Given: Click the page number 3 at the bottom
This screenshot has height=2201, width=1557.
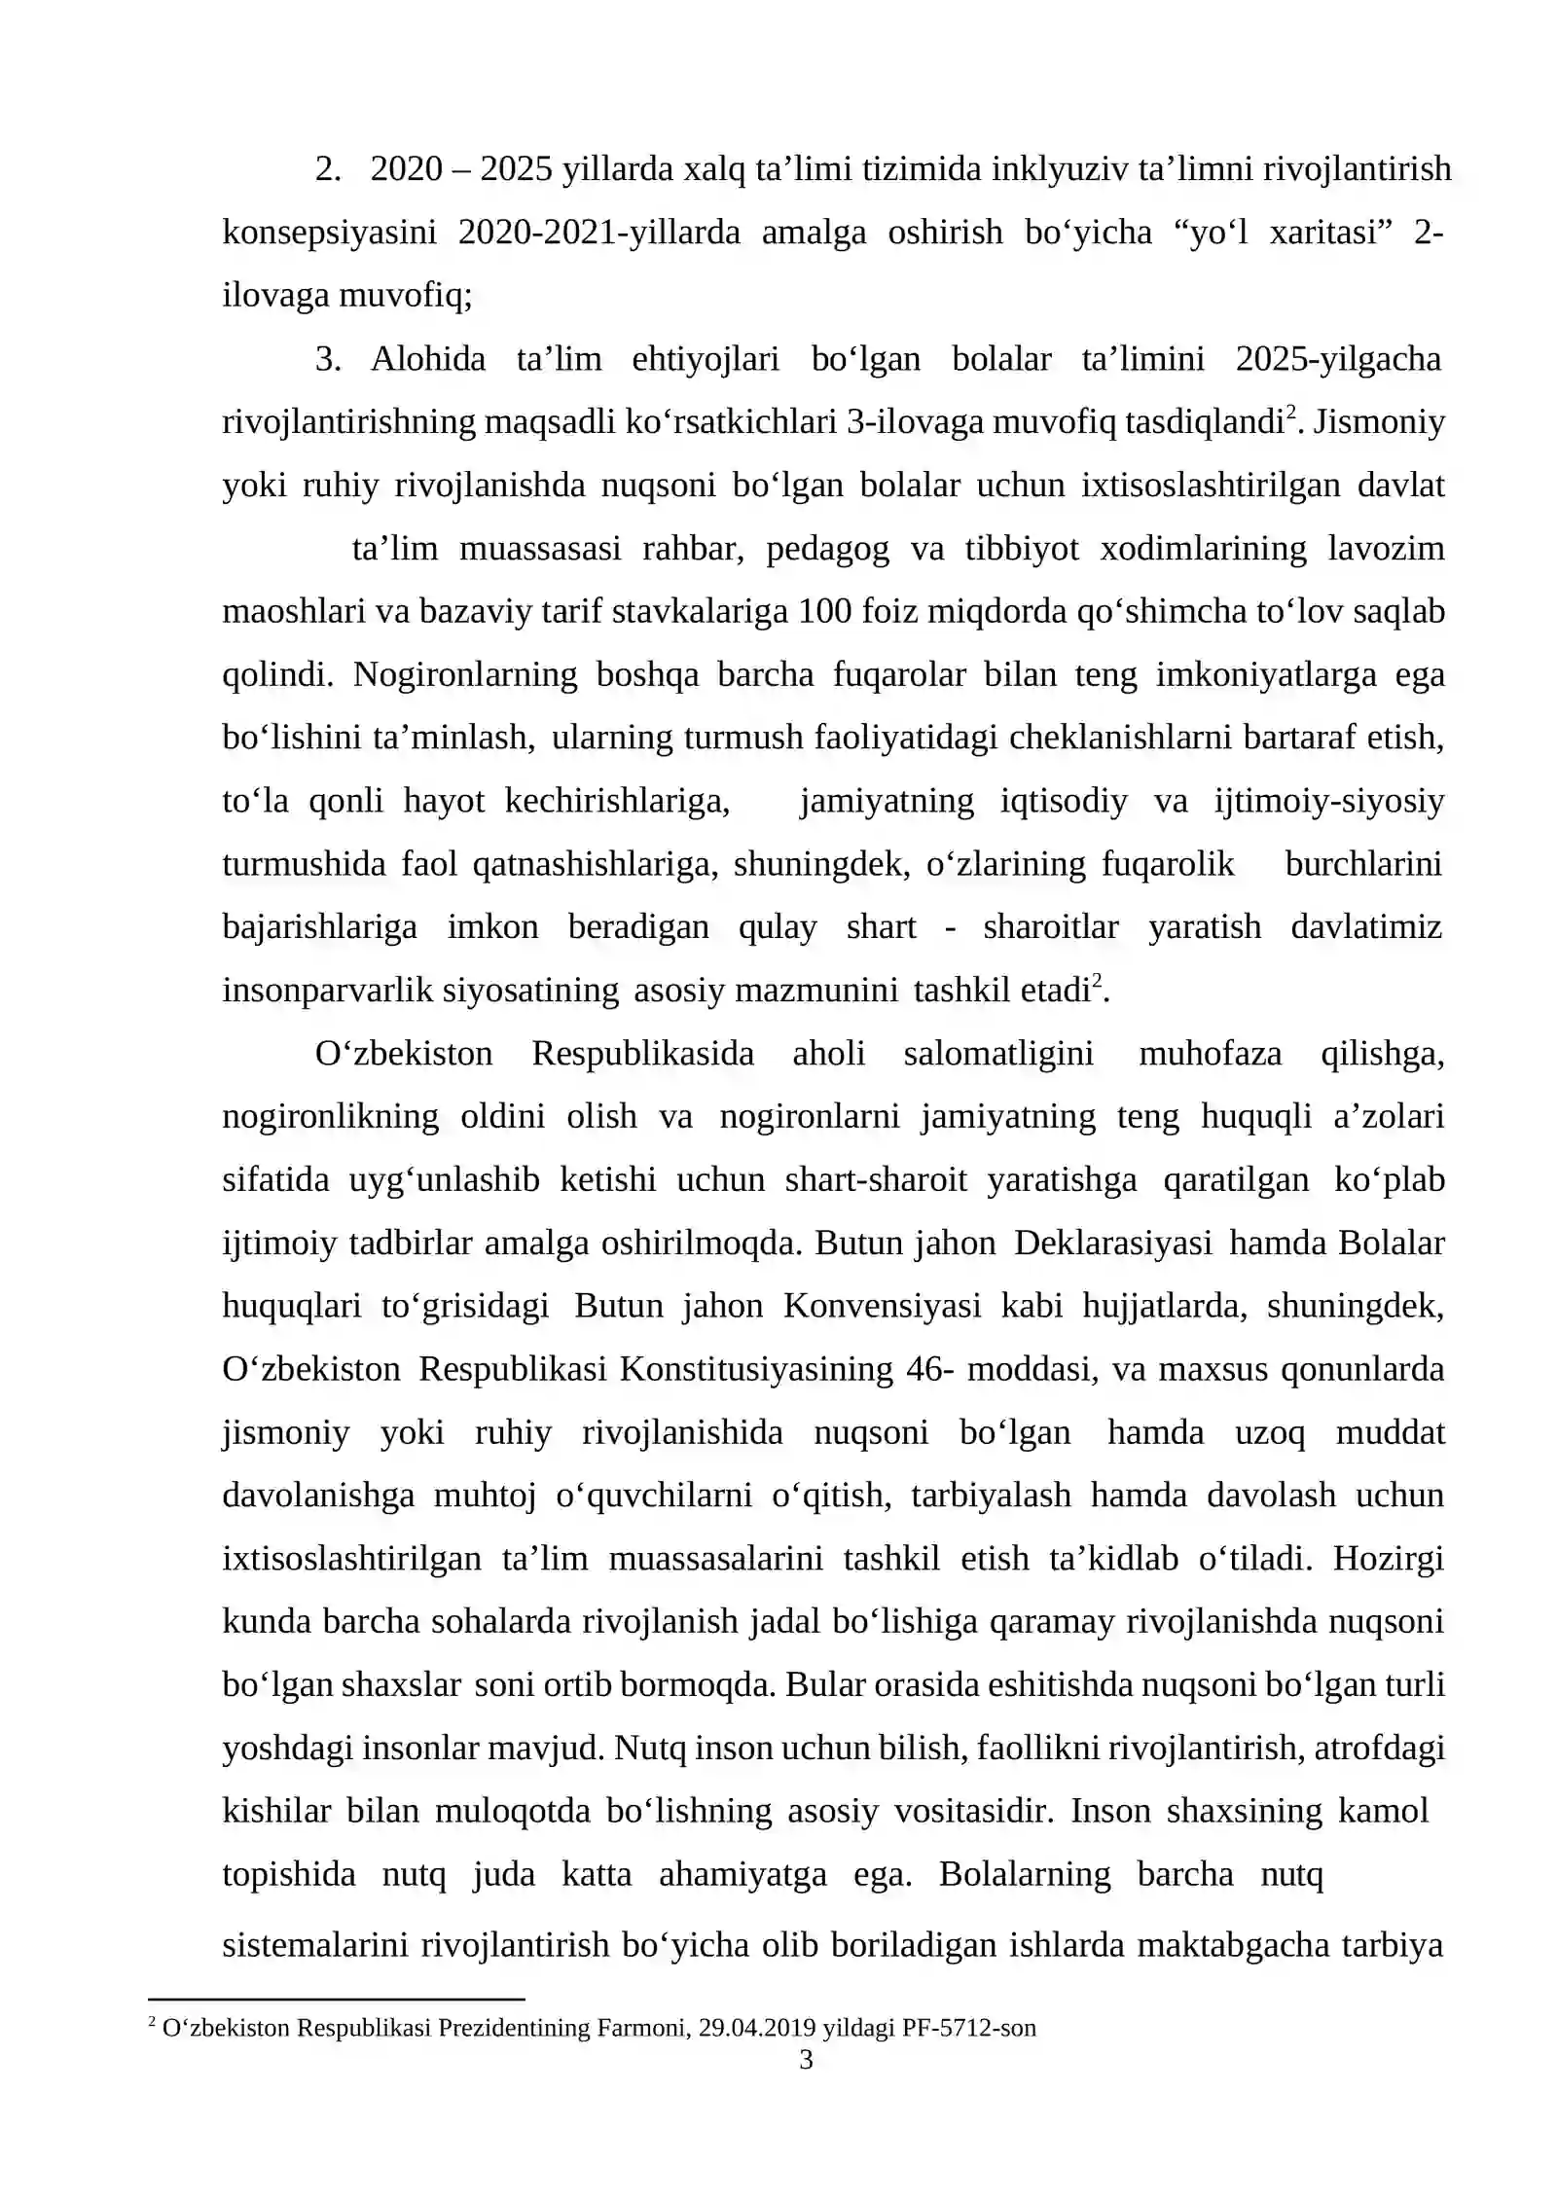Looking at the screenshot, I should pyautogui.click(x=805, y=2059).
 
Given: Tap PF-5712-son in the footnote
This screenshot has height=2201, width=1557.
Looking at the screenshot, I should pyautogui.click(x=968, y=2028).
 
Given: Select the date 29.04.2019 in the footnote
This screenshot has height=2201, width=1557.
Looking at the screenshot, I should pyautogui.click(x=758, y=2028).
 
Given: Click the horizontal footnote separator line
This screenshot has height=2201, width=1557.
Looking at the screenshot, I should pyautogui.click(x=336, y=2000).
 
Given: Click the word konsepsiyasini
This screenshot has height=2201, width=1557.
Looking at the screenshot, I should pyautogui.click(x=329, y=233).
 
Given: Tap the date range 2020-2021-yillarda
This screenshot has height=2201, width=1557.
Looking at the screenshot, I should pyautogui.click(x=598, y=233).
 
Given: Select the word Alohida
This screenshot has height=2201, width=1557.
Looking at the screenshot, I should pyautogui.click(x=427, y=359).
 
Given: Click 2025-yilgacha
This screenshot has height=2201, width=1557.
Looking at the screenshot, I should pyautogui.click(x=1338, y=359).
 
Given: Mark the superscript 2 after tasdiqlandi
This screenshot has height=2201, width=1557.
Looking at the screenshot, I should pyautogui.click(x=1291, y=413).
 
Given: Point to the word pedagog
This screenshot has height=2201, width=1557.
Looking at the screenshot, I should pyautogui.click(x=827, y=549).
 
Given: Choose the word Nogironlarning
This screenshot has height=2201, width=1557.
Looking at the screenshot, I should pyautogui.click(x=465, y=674).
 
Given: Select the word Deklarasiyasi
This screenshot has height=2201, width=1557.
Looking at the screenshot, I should pyautogui.click(x=1112, y=1243).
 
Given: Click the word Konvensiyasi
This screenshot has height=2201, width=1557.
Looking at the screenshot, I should pyautogui.click(x=882, y=1306).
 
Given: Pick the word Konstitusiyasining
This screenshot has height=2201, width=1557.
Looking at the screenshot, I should pyautogui.click(x=755, y=1369).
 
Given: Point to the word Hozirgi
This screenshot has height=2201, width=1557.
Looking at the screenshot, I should pyautogui.click(x=1388, y=1559).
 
